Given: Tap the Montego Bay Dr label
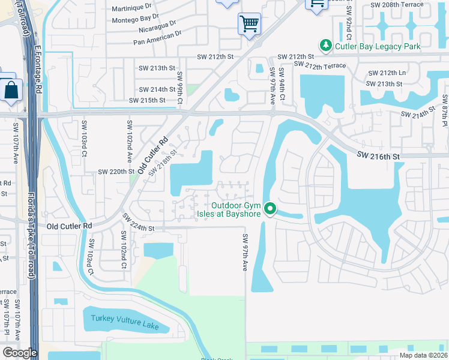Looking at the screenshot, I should (137, 19).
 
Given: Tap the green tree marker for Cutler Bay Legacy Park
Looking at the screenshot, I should (325, 46).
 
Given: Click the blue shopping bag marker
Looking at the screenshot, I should (11, 91).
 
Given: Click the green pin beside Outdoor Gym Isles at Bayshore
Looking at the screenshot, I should (270, 209).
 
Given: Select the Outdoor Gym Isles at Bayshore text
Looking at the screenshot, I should (230, 209).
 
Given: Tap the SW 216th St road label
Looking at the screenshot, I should (378, 156).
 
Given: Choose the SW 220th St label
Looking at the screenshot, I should (116, 172).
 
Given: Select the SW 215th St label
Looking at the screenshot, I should (147, 100).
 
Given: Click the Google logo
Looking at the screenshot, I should (20, 353).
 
